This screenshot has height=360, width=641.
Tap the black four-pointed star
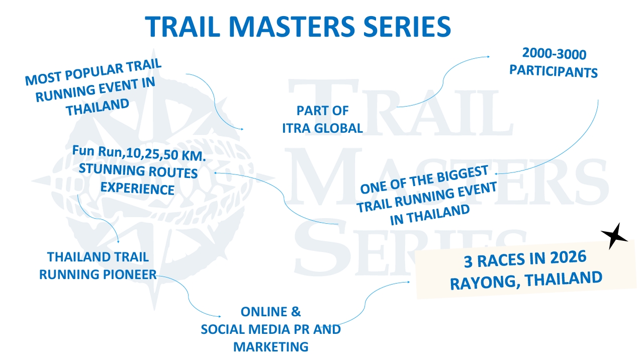(614, 236)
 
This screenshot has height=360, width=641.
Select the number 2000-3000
(555, 54)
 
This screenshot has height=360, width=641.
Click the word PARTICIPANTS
(554, 71)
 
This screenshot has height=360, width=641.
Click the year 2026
(568, 257)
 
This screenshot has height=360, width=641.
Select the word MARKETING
(270, 347)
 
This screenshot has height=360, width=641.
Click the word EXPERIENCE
(137, 189)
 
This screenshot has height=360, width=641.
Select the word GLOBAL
(338, 128)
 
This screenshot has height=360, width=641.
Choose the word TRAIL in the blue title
(182, 27)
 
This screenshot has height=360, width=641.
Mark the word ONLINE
(263, 312)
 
